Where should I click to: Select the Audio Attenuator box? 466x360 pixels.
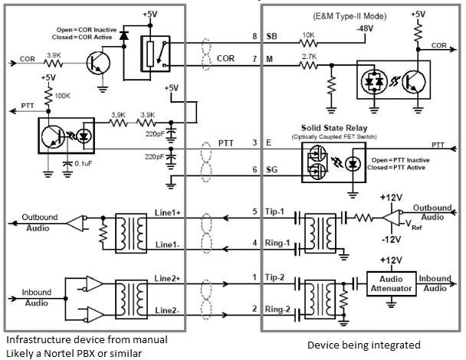tap(390, 283)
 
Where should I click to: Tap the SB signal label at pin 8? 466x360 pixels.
tap(271, 36)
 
